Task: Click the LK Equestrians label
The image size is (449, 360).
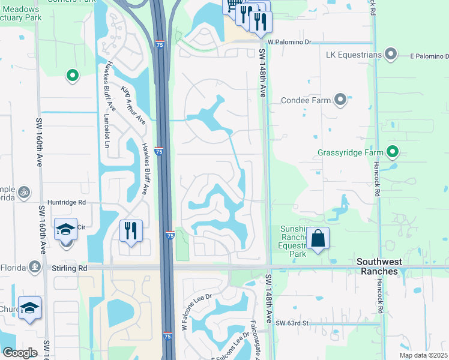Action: [354, 55]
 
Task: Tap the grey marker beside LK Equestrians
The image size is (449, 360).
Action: [391, 55]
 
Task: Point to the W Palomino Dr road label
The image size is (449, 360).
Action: [291, 42]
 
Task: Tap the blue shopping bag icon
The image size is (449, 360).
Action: [318, 239]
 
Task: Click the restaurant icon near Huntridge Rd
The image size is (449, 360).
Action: [130, 231]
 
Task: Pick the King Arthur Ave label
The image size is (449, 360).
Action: [133, 105]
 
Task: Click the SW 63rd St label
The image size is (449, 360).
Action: [292, 323]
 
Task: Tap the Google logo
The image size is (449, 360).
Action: [20, 352]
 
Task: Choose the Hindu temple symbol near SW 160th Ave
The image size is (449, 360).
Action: [24, 193]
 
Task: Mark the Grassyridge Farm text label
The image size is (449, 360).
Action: [351, 152]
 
